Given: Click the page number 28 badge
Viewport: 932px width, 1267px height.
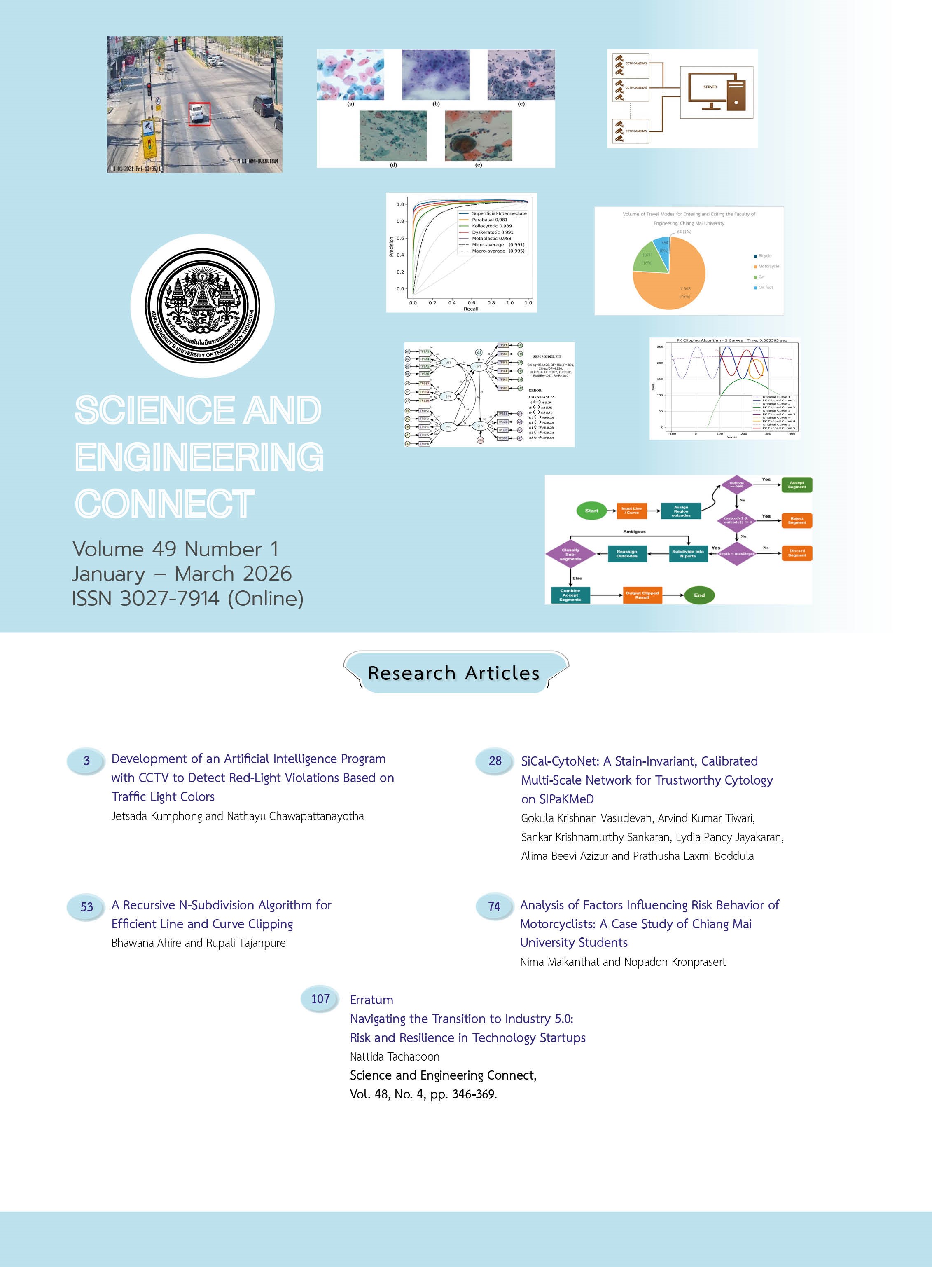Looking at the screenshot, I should click(x=495, y=761).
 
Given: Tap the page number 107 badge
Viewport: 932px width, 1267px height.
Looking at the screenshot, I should click(x=320, y=999).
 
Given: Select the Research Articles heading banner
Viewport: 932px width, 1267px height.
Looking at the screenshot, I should click(x=455, y=673).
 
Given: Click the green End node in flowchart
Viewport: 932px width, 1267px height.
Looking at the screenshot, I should click(x=699, y=595).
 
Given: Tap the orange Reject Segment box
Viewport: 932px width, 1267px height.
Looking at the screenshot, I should click(x=797, y=520).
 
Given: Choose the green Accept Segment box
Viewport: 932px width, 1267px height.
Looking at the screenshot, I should click(x=797, y=485).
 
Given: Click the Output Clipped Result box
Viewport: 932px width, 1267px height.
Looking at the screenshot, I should click(x=642, y=595).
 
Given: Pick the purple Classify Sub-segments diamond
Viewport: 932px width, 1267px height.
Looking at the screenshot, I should click(x=570, y=554).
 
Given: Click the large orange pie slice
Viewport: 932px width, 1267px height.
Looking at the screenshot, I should click(x=674, y=282).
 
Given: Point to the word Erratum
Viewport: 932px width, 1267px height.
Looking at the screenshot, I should click(x=371, y=1000).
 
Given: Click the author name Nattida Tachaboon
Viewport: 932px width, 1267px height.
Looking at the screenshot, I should click(x=395, y=1056).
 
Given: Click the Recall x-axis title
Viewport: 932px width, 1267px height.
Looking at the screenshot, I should click(x=470, y=309).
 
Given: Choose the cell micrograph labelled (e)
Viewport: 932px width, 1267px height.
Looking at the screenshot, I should click(x=479, y=136).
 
